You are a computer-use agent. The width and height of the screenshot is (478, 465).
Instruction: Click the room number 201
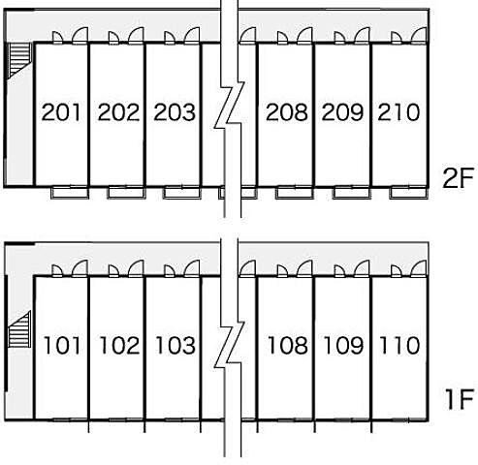[61, 112]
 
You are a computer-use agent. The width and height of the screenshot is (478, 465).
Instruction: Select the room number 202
[118, 112]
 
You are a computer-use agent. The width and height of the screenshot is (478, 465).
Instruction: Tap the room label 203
[175, 112]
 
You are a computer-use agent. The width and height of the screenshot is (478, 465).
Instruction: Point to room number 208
[287, 112]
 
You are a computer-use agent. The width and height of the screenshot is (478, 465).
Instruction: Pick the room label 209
[342, 112]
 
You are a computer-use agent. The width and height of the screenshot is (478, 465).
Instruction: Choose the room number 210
[398, 112]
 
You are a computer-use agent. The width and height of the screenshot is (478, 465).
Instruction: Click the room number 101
[62, 345]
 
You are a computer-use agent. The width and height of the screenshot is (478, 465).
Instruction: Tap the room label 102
[119, 345]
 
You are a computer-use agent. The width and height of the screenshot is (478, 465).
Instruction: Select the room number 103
[175, 345]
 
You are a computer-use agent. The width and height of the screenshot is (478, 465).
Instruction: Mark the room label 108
[288, 345]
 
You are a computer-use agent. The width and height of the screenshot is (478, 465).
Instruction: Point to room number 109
[343, 345]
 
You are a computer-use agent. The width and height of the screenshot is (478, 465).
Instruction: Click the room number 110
[399, 345]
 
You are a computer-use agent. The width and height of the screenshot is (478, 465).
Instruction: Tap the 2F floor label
[458, 178]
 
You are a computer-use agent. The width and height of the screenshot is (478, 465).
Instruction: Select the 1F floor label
[460, 399]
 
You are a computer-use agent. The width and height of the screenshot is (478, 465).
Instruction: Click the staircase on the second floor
[19, 60]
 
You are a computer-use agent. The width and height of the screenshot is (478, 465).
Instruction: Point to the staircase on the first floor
[19, 329]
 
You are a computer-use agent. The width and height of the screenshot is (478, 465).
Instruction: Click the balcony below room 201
[70, 193]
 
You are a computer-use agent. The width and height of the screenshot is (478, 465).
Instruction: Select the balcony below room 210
[408, 193]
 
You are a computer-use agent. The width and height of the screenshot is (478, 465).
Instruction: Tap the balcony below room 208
[295, 193]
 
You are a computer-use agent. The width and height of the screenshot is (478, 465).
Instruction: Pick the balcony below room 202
[126, 193]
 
